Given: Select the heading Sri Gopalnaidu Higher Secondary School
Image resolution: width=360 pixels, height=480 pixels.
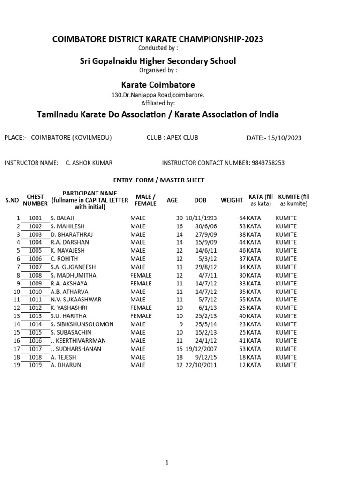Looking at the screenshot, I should point(158,61).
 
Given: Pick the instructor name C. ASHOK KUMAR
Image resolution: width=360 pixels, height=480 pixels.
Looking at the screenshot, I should point(89,163).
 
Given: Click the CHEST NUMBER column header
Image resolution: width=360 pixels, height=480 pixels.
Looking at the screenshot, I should point(35,200).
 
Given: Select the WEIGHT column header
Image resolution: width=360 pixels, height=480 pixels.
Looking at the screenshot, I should point(232,200).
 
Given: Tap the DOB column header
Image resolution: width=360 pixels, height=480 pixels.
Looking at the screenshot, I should point(200,200).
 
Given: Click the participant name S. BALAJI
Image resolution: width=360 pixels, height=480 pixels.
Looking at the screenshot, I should point(62,218).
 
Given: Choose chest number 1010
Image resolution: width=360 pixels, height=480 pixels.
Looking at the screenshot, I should point(35,292).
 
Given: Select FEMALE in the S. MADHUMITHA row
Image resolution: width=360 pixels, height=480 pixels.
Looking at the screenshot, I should point(141,275).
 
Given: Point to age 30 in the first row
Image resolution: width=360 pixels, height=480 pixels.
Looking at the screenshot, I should point(179,218).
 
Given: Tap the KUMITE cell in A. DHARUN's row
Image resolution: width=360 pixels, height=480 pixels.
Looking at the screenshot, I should point(286,365).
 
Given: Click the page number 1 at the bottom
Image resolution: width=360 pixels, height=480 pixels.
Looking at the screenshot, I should point(167,463).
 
